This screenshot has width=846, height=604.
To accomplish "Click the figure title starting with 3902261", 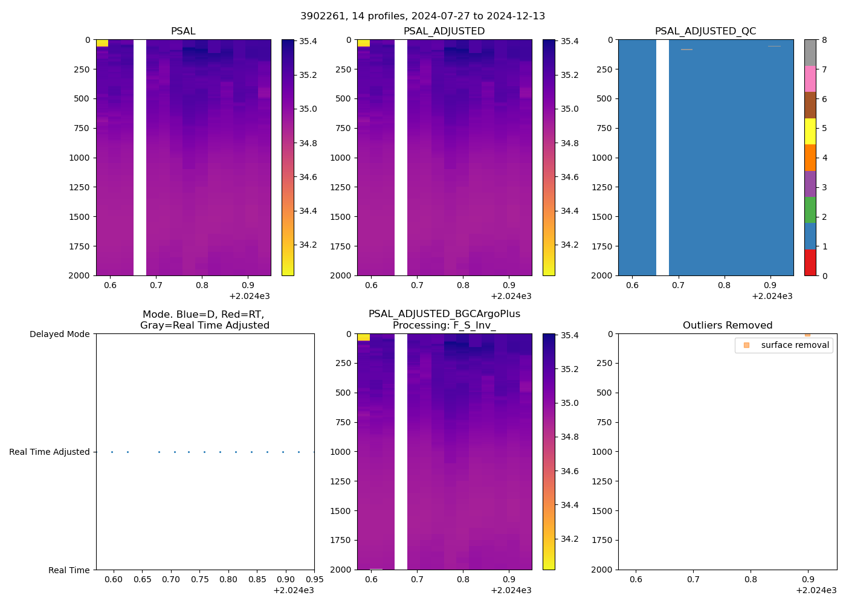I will [x=422, y=16].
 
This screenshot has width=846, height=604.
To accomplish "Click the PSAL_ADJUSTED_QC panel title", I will [x=705, y=31].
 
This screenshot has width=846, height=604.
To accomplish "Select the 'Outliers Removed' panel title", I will [x=727, y=326].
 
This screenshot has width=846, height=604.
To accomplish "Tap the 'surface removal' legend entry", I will [x=783, y=345].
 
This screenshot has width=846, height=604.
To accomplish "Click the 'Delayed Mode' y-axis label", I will [x=59, y=334].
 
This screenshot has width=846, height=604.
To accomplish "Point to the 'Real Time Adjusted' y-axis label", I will [x=49, y=452].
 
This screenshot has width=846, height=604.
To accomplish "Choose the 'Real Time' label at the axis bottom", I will [x=69, y=570].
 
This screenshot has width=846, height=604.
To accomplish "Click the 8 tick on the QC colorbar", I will [x=824, y=40].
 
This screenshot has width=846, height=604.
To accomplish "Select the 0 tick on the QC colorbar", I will [x=824, y=275].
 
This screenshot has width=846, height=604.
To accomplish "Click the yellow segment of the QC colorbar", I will [x=810, y=131].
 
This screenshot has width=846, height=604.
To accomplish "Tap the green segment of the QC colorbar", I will [x=810, y=210].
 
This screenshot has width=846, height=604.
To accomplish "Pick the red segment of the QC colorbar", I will [x=810, y=263].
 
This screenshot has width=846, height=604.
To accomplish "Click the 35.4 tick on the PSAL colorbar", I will [x=308, y=41].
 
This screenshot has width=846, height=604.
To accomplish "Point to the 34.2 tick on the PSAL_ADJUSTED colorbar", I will [x=569, y=245].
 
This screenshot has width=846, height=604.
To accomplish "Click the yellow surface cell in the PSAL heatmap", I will [x=102, y=43].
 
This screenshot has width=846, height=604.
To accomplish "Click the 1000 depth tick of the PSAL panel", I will [x=79, y=158].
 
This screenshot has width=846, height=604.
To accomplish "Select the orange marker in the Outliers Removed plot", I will [x=807, y=335].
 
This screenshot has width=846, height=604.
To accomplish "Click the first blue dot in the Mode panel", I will [x=112, y=452].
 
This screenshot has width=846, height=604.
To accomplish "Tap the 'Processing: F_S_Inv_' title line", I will [x=444, y=326].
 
